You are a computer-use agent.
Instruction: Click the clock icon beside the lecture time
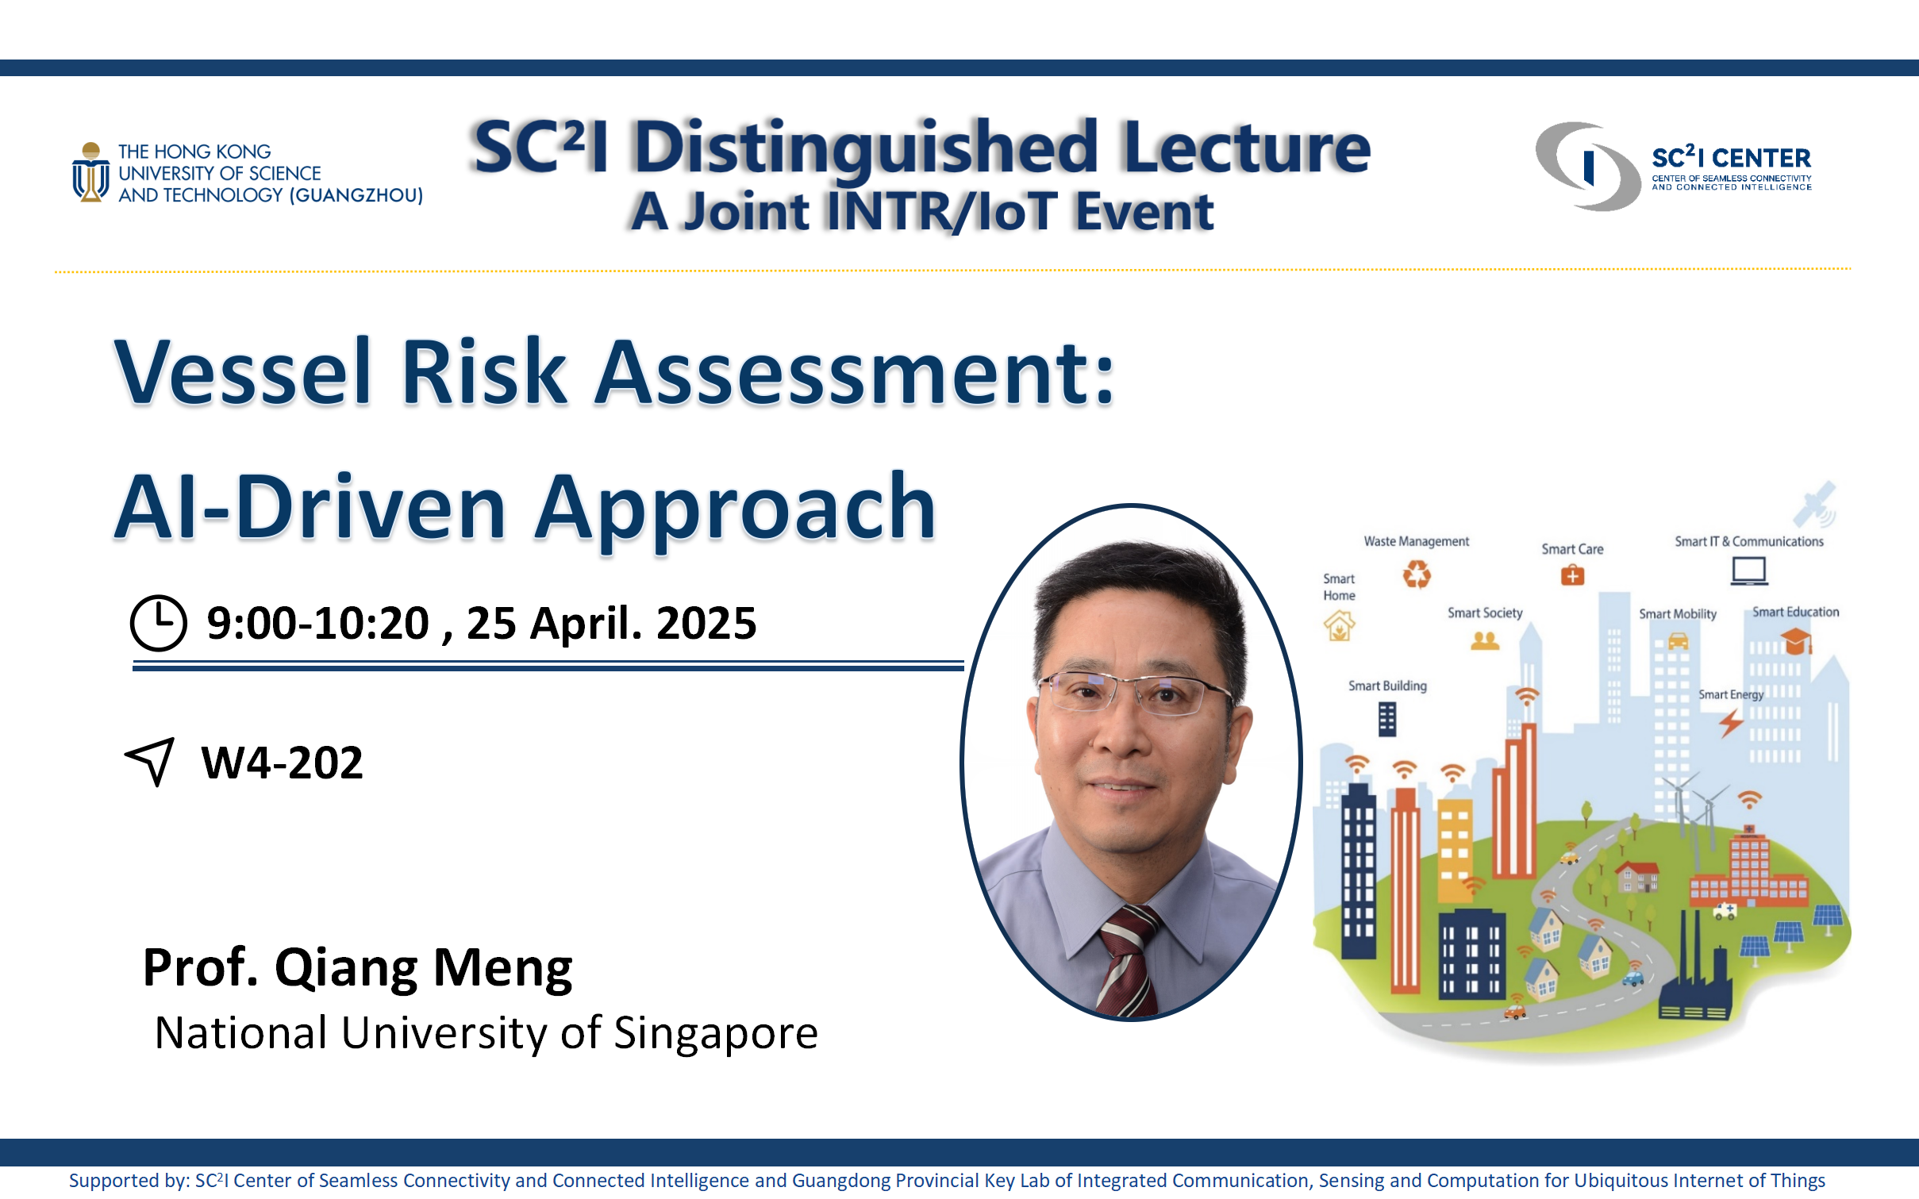(x=159, y=624)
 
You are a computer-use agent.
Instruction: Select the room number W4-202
(x=283, y=763)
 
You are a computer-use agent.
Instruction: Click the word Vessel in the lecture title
(x=244, y=371)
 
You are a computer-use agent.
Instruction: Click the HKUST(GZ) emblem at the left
(x=91, y=172)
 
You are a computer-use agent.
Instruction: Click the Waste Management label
(x=1417, y=541)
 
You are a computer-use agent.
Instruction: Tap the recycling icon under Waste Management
(x=1417, y=575)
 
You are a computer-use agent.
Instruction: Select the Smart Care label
(x=1572, y=549)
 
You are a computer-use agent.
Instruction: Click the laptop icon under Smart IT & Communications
(x=1749, y=571)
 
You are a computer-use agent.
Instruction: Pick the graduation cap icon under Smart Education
(x=1796, y=640)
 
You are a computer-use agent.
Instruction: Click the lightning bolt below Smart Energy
(x=1731, y=723)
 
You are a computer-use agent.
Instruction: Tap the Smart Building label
(x=1387, y=686)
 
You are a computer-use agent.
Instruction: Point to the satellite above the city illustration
(x=1815, y=505)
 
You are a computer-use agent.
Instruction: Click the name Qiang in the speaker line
(x=346, y=970)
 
